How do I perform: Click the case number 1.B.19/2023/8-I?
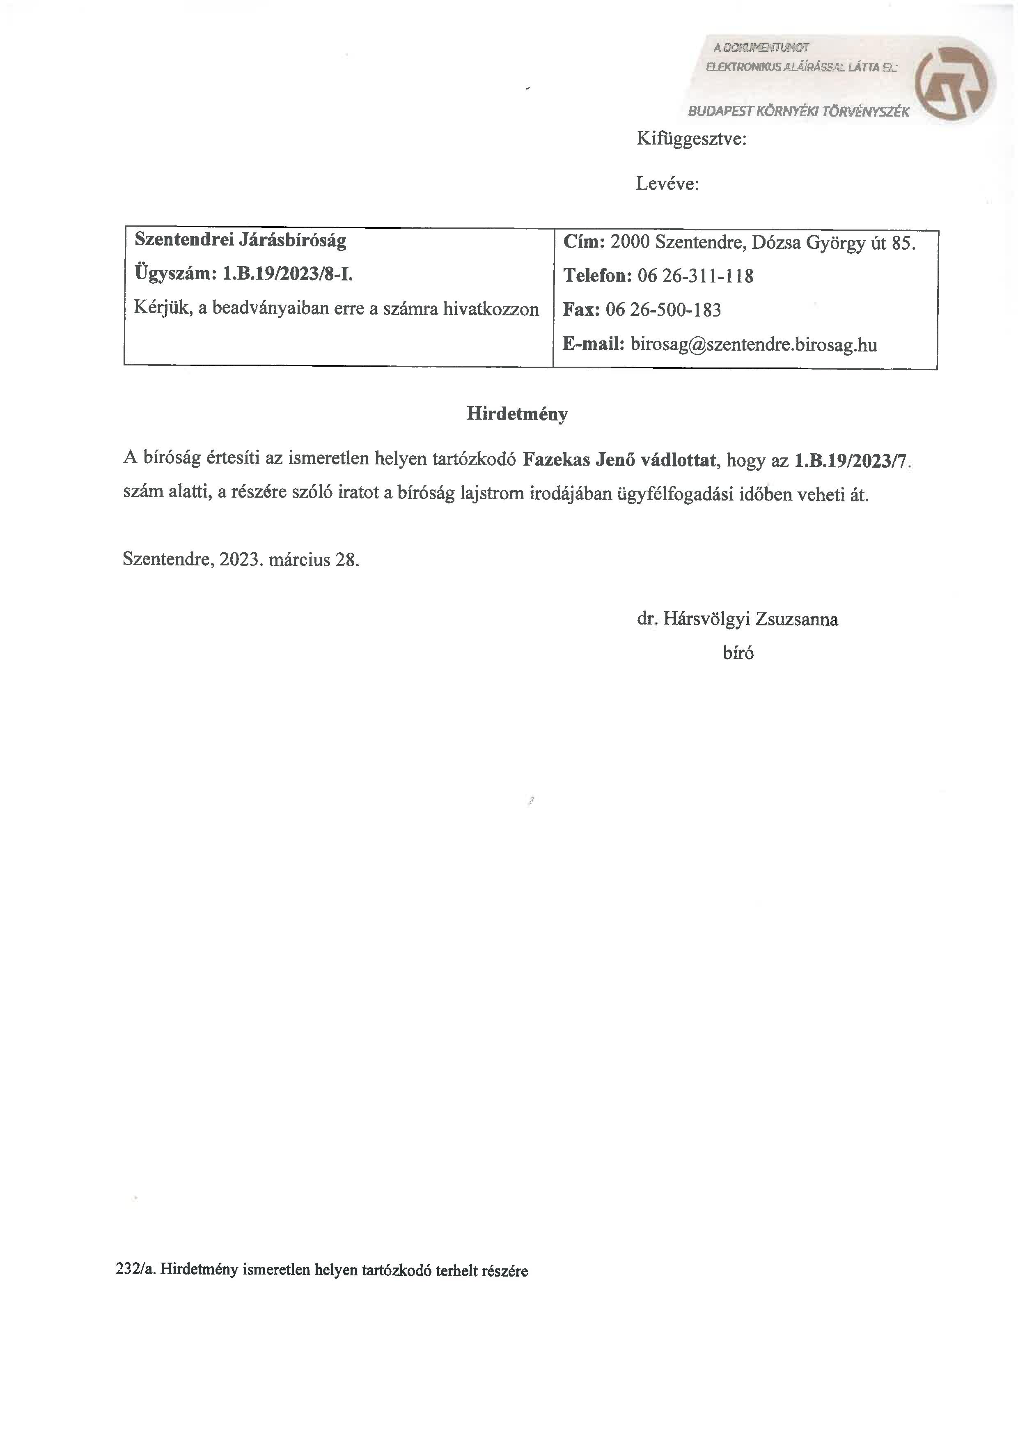coord(288,273)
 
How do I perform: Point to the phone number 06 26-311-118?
coord(695,276)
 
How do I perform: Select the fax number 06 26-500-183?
coord(663,310)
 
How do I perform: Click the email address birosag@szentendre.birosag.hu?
coord(754,344)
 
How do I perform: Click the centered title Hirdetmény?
coord(517,414)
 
